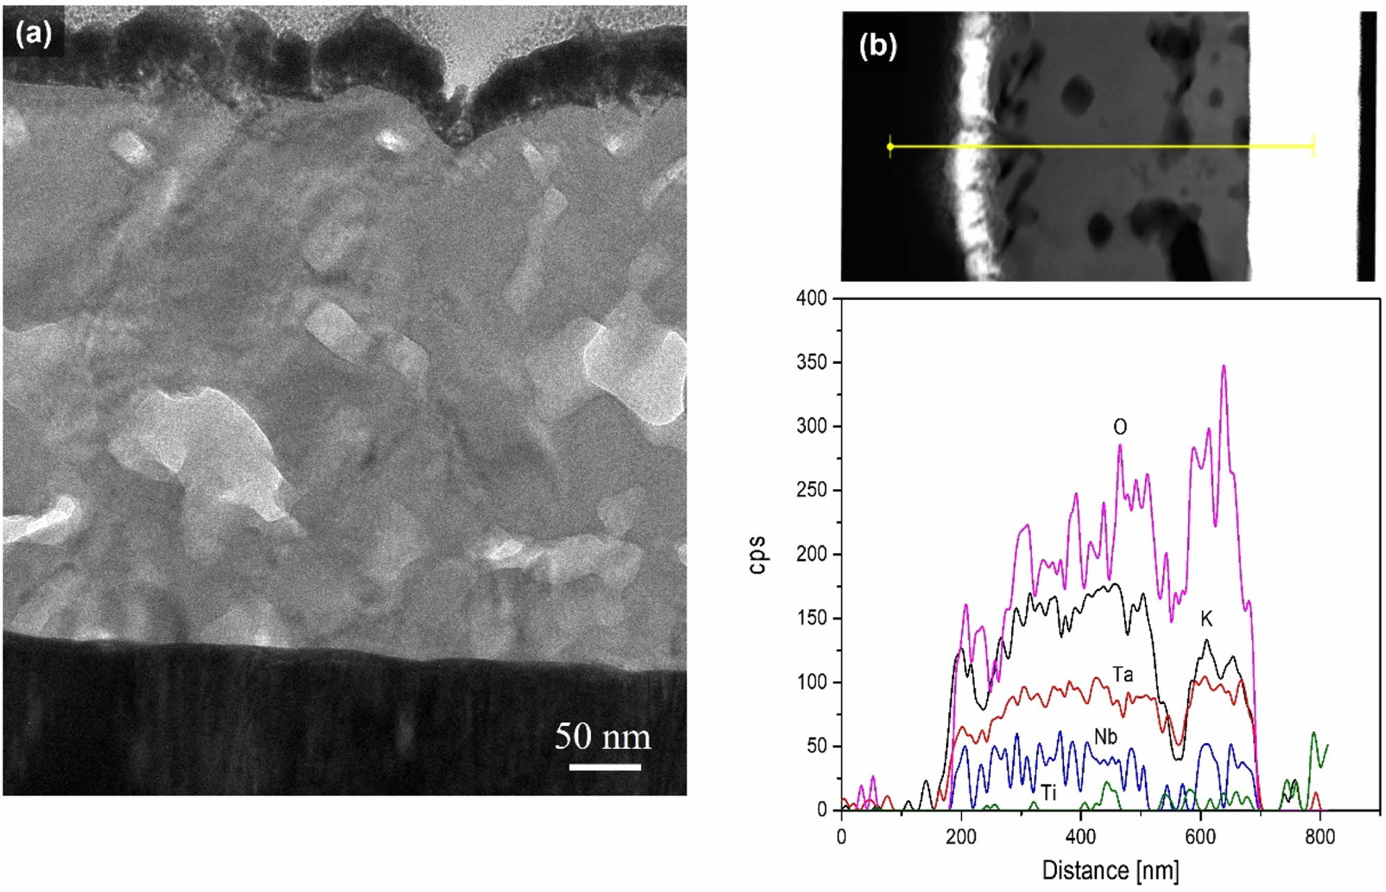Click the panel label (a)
pyautogui.click(x=34, y=33)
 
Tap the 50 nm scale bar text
pyautogui.click(x=603, y=737)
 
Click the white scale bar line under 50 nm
pyautogui.click(x=605, y=767)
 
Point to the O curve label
pyautogui.click(x=1120, y=428)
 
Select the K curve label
pyautogui.click(x=1207, y=620)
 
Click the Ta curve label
pyautogui.click(x=1123, y=674)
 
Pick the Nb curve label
pyautogui.click(x=1106, y=737)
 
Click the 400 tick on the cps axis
pyautogui.click(x=812, y=299)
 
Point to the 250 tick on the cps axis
pyautogui.click(x=812, y=491)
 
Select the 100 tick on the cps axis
pyautogui.click(x=812, y=683)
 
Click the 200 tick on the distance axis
pyautogui.click(x=961, y=837)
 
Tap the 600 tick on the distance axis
pyautogui.click(x=1200, y=837)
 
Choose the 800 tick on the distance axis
pyautogui.click(x=1320, y=837)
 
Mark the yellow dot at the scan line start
pyautogui.click(x=891, y=147)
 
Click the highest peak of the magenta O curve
pyautogui.click(x=1224, y=366)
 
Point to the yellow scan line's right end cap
pyautogui.click(x=1313, y=146)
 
